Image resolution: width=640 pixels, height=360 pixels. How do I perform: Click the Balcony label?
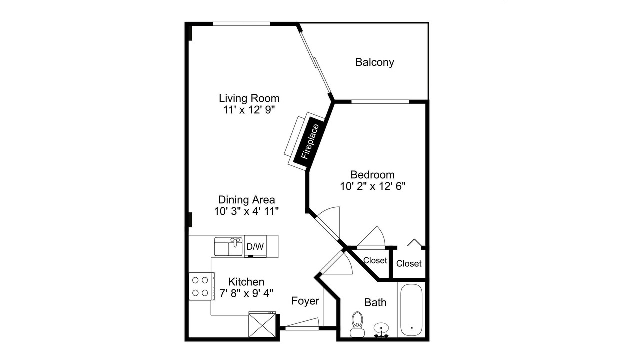[375, 62]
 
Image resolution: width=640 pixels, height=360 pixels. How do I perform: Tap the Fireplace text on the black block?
[310, 141]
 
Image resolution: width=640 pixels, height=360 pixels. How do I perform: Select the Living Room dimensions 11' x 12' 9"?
[249, 110]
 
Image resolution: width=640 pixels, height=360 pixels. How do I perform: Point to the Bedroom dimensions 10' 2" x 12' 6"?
[373, 186]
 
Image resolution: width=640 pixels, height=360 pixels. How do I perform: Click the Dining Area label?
[246, 199]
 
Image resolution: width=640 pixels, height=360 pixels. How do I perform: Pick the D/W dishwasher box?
[255, 246]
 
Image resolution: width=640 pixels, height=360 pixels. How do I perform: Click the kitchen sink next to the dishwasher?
[228, 246]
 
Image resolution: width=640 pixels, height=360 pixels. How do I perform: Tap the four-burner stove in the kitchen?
[201, 286]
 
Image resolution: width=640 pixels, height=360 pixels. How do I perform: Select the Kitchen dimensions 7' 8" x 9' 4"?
[246, 293]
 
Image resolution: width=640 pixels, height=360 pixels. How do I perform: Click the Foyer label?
[305, 301]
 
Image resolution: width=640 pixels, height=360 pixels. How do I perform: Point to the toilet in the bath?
[357, 324]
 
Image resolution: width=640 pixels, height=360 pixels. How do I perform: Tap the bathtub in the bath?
[411, 310]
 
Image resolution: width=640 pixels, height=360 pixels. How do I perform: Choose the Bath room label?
[375, 302]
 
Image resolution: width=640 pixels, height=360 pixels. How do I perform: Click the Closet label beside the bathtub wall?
[409, 263]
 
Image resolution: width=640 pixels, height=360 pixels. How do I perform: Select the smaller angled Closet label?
[375, 260]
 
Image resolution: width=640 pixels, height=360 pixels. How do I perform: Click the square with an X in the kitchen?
[262, 325]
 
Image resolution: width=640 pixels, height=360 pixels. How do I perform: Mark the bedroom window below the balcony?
[380, 101]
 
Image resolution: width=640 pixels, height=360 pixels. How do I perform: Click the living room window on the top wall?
[241, 24]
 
